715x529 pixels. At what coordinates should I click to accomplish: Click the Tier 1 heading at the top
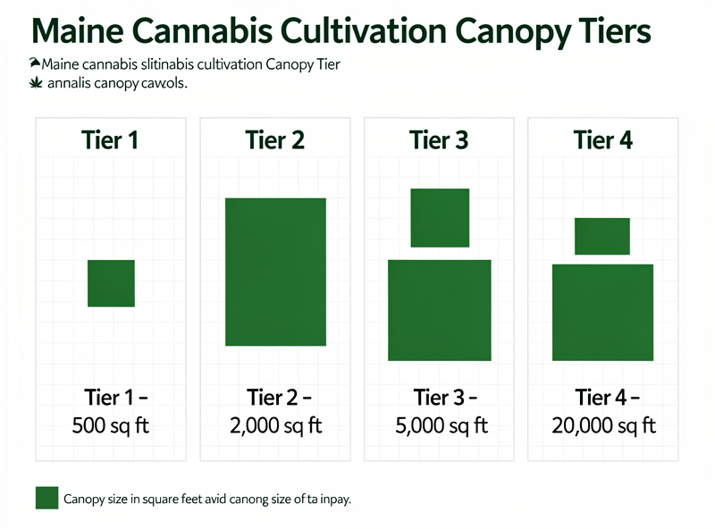(x=110, y=140)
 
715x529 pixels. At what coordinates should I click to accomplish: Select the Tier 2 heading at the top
(x=274, y=140)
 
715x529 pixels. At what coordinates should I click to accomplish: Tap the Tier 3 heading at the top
(x=439, y=140)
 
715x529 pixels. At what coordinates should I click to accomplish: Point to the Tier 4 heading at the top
(x=603, y=140)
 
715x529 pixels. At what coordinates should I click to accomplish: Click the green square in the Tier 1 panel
(x=111, y=283)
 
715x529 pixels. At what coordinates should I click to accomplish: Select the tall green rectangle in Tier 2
(x=275, y=272)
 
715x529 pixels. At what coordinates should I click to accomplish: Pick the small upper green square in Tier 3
(x=440, y=217)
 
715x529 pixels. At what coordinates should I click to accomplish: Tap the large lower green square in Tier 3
(x=440, y=310)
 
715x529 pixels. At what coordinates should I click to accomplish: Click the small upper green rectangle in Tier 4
(x=602, y=236)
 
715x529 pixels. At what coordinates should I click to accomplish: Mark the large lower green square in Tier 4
(x=602, y=312)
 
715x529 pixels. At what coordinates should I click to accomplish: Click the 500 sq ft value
(x=110, y=425)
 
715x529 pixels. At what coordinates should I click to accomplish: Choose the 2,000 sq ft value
(x=274, y=425)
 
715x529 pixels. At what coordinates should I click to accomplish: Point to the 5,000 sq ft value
(x=439, y=425)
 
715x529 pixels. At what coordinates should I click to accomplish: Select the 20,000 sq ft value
(x=604, y=425)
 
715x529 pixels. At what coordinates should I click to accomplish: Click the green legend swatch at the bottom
(x=46, y=499)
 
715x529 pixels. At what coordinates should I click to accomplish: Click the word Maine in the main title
(x=75, y=32)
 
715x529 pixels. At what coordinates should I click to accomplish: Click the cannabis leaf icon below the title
(x=37, y=83)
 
